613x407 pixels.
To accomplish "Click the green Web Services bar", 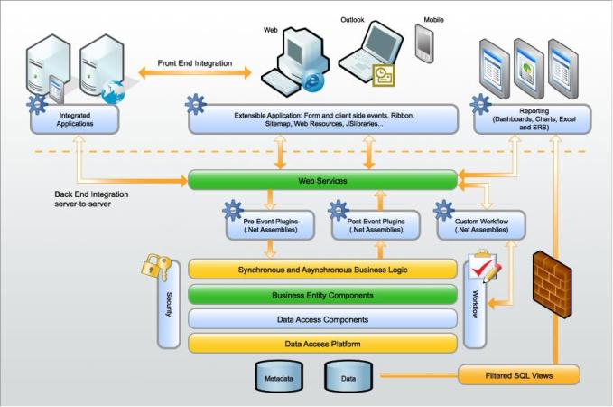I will tap(321, 181).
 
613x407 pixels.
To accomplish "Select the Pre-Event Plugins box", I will tap(271, 224).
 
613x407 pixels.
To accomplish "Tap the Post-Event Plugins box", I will tap(375, 224).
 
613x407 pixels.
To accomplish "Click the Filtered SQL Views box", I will tap(518, 373).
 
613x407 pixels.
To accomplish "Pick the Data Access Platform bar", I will tap(321, 344).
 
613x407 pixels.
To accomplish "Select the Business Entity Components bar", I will tap(321, 295).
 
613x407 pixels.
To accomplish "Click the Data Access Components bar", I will tap(321, 319).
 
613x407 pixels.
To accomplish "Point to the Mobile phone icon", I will tap(424, 43).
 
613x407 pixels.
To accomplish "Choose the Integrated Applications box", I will tap(75, 119).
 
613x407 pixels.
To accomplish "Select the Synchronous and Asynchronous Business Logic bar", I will tap(321, 270).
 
